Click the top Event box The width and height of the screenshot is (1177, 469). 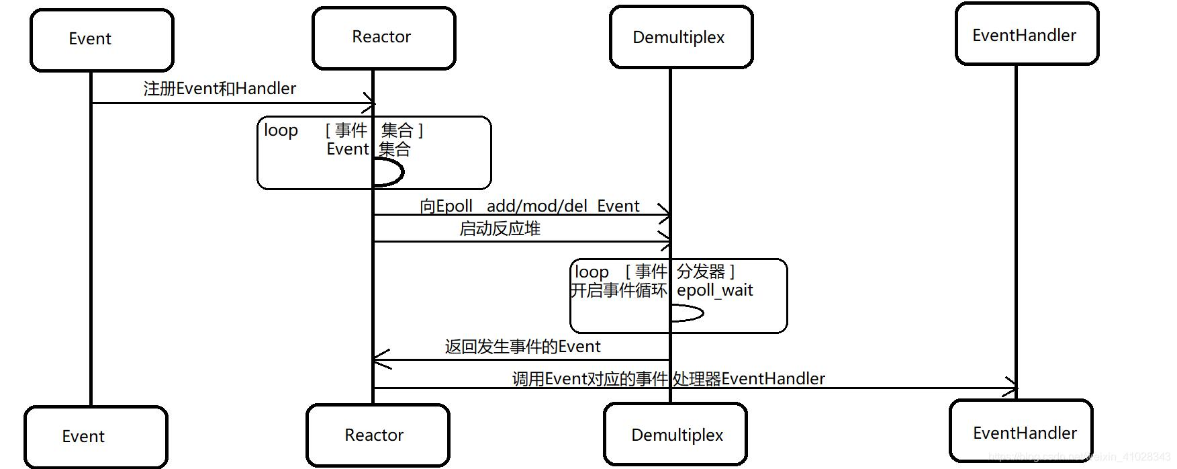point(101,40)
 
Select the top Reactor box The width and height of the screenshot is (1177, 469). point(383,38)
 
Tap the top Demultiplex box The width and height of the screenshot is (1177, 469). point(681,37)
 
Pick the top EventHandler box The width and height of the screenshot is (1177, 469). point(1027,34)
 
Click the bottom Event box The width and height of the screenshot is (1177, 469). point(95,437)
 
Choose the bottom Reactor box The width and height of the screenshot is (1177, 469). point(377,435)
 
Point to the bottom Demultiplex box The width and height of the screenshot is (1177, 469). point(675,435)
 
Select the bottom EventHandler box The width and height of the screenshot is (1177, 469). point(1021,432)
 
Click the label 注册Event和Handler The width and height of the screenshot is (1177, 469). point(220,89)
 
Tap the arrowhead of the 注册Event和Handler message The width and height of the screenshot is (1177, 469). point(370,103)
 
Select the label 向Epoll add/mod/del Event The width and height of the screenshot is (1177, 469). point(529,206)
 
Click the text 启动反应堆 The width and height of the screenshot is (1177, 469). point(500,229)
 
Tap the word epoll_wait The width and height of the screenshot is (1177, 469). point(714,290)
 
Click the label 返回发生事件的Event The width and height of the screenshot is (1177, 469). point(522,347)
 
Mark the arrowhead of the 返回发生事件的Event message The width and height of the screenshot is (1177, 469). point(379,359)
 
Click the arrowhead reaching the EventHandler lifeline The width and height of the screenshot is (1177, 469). point(1012,388)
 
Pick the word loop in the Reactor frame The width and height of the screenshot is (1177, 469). point(281,130)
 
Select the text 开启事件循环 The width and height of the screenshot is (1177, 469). point(618,290)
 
